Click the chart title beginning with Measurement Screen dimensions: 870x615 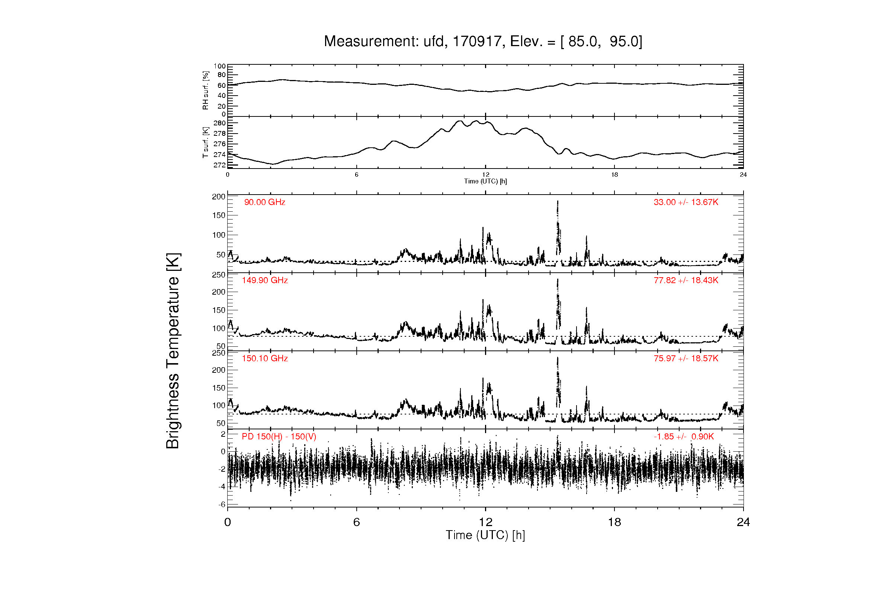click(x=483, y=41)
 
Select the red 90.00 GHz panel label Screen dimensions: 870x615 click(x=264, y=202)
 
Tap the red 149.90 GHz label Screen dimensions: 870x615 click(x=265, y=281)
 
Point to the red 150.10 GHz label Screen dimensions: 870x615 click(x=265, y=358)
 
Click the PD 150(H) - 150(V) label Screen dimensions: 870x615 click(x=279, y=436)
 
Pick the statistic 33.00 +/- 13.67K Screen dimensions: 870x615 click(x=686, y=202)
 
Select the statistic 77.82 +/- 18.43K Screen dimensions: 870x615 click(x=686, y=281)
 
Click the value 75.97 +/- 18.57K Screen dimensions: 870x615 click(x=686, y=358)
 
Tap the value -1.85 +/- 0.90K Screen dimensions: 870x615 click(x=684, y=436)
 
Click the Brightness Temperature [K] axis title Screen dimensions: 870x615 click(x=173, y=351)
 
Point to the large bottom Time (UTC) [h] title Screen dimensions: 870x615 click(x=485, y=535)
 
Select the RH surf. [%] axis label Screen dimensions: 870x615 click(x=206, y=90)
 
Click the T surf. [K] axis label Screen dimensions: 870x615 click(x=206, y=142)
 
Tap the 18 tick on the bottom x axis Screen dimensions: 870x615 click(x=614, y=522)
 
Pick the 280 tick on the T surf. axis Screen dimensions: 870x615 click(x=219, y=123)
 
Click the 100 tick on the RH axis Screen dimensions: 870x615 click(x=219, y=66)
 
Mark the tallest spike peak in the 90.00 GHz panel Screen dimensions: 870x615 click(x=558, y=201)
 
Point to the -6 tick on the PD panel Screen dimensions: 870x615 click(x=222, y=505)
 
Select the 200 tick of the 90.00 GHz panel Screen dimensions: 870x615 click(x=219, y=197)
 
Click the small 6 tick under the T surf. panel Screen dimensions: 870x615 click(x=357, y=175)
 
